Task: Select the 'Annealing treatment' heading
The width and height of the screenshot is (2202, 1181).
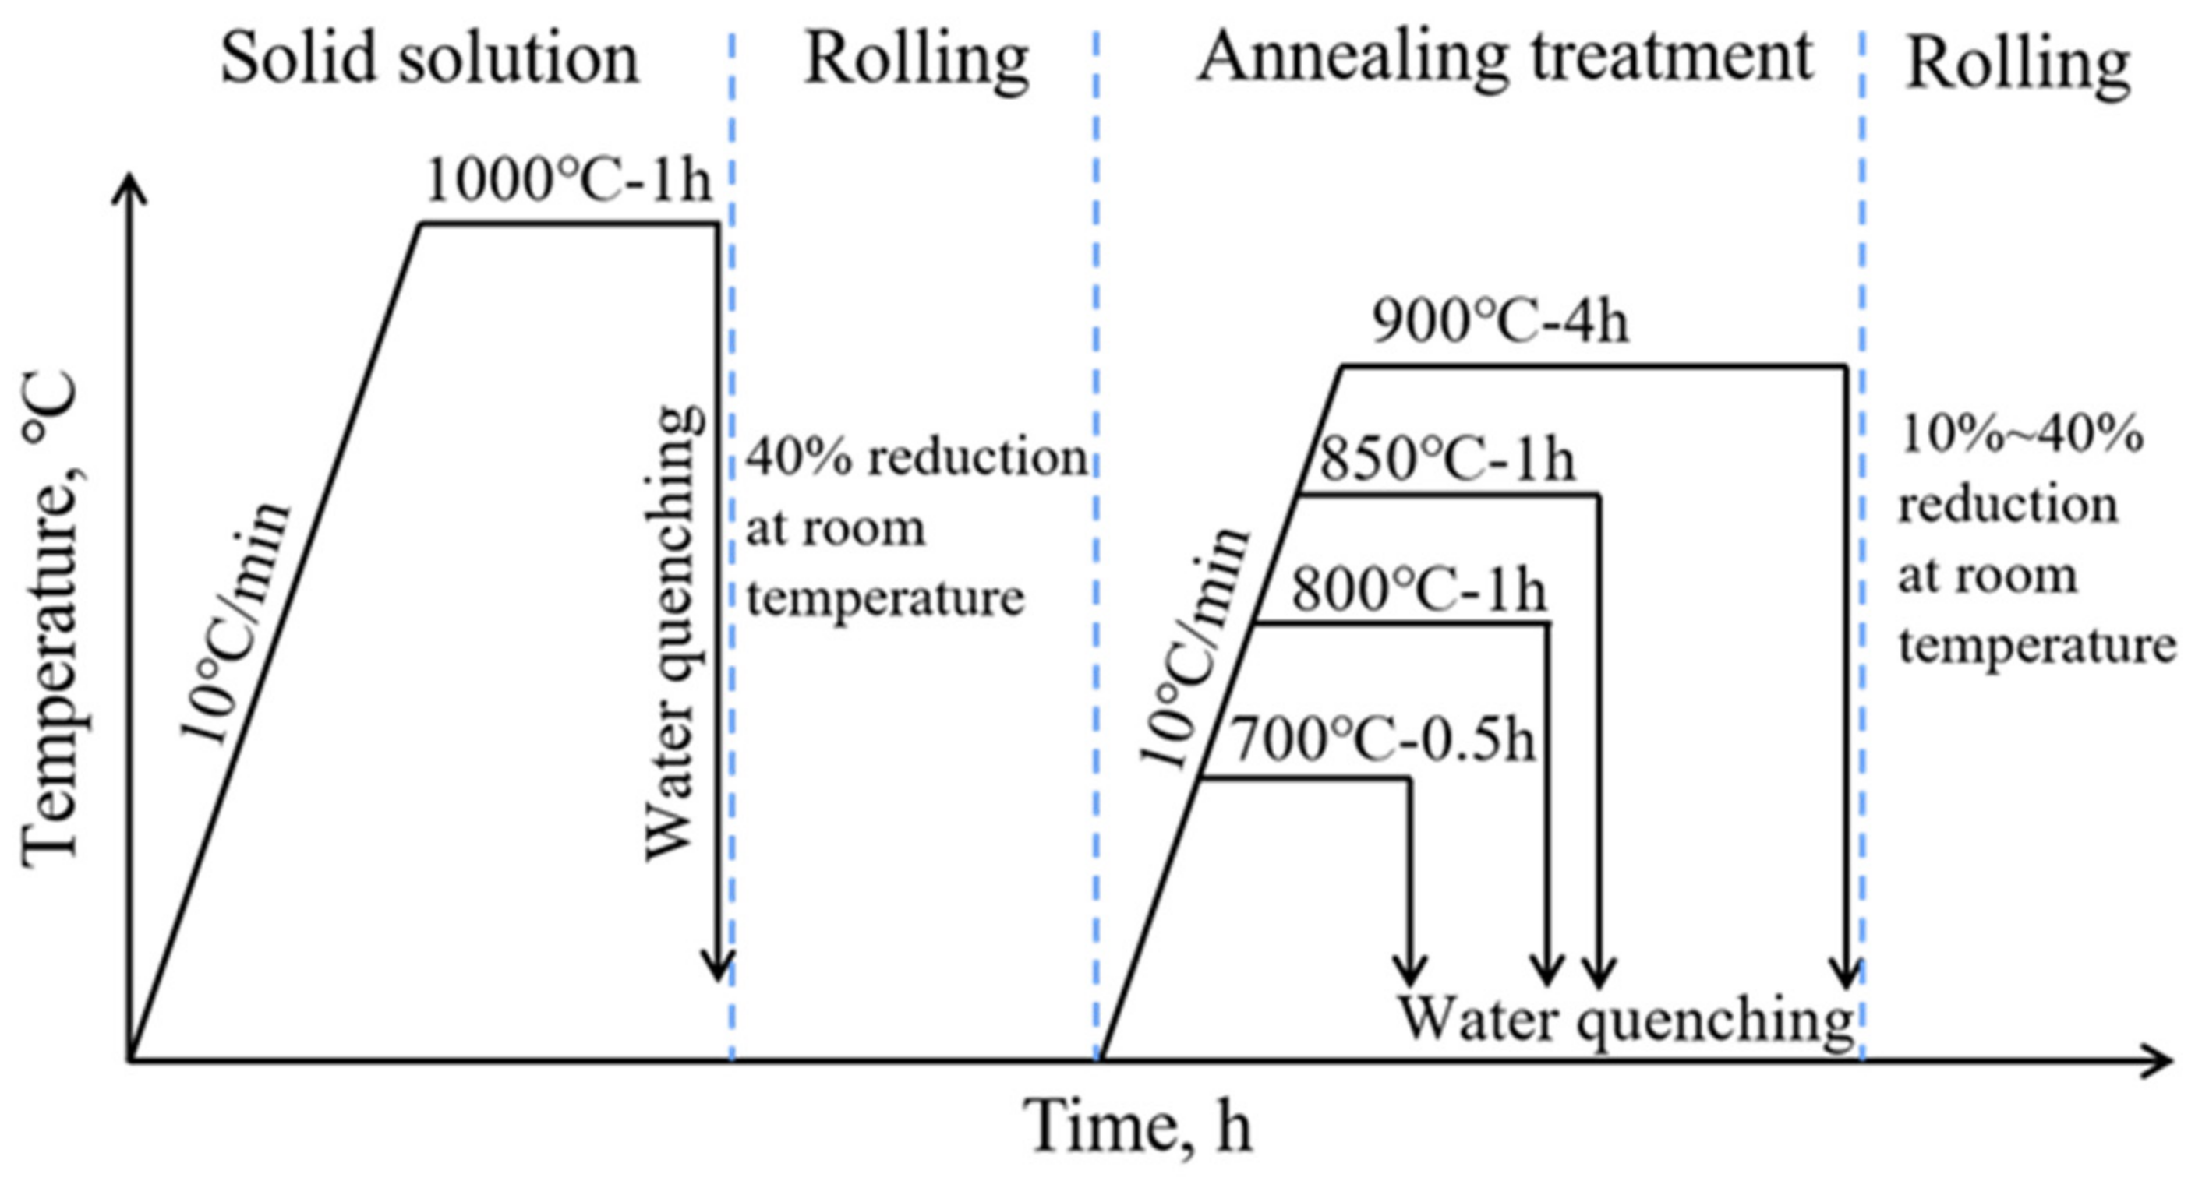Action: (1504, 58)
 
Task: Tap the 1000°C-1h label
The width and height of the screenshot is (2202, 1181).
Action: (567, 182)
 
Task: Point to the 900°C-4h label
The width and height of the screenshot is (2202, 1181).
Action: (1500, 323)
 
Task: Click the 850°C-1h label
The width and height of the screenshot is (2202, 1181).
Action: (1447, 460)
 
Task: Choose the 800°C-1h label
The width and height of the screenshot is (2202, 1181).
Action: (1419, 590)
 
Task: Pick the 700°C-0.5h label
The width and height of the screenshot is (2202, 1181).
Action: (1382, 740)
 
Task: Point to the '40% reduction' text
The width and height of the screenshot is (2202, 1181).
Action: (917, 458)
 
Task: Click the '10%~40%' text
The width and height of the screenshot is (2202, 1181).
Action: (2021, 435)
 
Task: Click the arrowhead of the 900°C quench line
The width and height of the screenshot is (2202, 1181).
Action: (1847, 975)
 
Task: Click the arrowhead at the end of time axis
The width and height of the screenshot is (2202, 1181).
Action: (2158, 1061)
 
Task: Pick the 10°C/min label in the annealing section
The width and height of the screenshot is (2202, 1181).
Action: (1194, 647)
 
